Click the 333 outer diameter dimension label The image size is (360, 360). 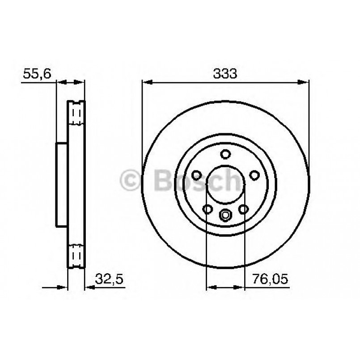tap(225, 74)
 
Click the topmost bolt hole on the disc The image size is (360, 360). tap(225, 154)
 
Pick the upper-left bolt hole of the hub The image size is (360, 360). tap(195, 175)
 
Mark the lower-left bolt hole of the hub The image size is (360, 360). tap(207, 209)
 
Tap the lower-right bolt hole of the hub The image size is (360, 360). tap(244, 209)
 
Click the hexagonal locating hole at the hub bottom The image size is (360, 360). tap(225, 216)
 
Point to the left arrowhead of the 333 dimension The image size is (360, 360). tap(146, 82)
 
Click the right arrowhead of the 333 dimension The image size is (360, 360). tap(305, 82)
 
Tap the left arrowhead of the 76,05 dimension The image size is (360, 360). tap(210, 287)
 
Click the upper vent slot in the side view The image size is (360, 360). tap(76, 114)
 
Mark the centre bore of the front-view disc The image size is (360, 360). tap(225, 185)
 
